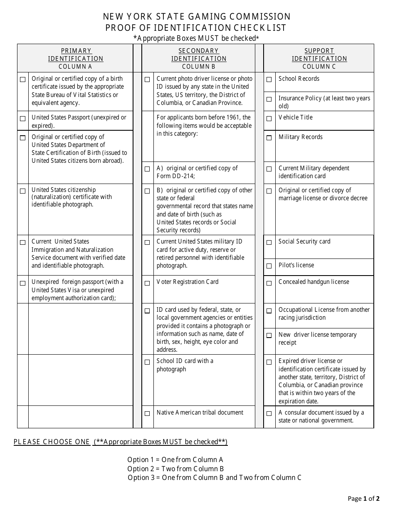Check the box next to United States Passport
click(x=23, y=119)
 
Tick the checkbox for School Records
click(x=269, y=80)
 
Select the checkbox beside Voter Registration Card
click(x=147, y=283)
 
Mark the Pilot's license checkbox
click(x=269, y=266)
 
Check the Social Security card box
click(x=269, y=243)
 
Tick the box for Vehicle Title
click(x=269, y=119)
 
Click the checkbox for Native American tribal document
click(x=147, y=414)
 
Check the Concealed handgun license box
click(x=269, y=283)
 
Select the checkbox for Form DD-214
click(x=147, y=169)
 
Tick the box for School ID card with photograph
click(x=147, y=362)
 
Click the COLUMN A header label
click(x=75, y=67)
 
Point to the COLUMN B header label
click(x=199, y=67)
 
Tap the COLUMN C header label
click(x=319, y=67)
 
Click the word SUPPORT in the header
click(x=319, y=51)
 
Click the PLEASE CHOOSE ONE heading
click(x=52, y=442)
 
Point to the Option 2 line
click(x=175, y=469)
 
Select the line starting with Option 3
click(x=215, y=477)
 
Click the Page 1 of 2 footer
click(x=363, y=498)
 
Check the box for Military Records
click(x=269, y=138)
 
